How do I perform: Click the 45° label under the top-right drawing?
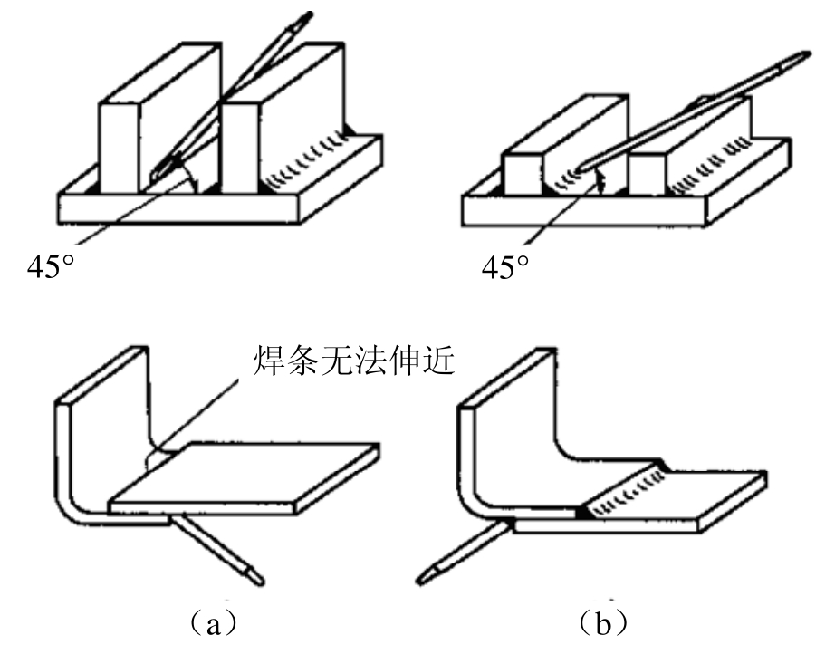coord(505,266)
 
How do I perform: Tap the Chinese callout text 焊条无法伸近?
coord(353,361)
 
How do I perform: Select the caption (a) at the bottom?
coord(213,623)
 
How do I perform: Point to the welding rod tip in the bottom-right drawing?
coord(426,576)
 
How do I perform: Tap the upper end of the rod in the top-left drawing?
coord(306,16)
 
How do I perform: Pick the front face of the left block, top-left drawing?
coord(120,148)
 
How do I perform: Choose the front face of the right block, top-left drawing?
coord(240,148)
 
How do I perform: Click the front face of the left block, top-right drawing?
coord(523,175)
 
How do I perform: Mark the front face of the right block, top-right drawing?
coord(648,175)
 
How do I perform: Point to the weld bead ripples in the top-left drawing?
coord(307,160)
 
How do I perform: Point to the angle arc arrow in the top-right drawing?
coord(600,181)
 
